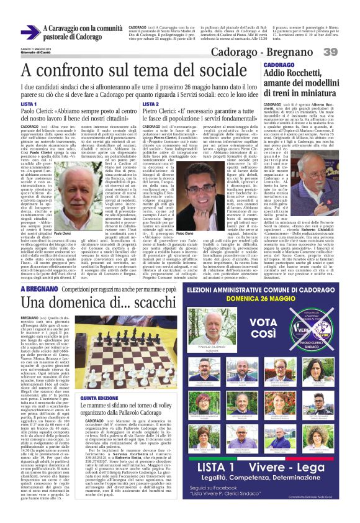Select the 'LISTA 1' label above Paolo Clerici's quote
[x=29, y=104]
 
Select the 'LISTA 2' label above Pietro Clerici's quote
[x=150, y=104]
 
